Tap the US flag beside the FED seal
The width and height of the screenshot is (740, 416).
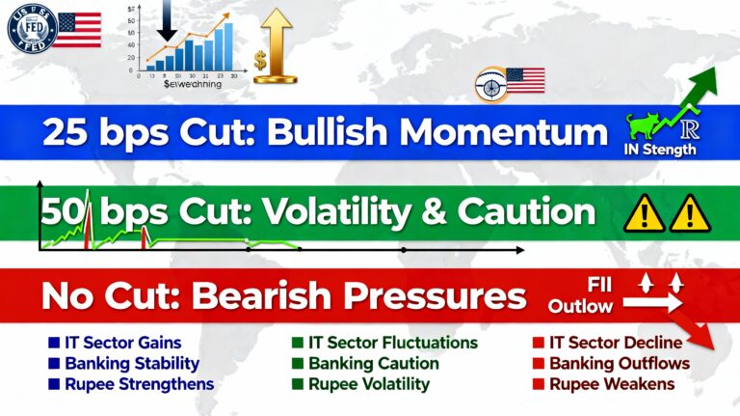tap(76, 30)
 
